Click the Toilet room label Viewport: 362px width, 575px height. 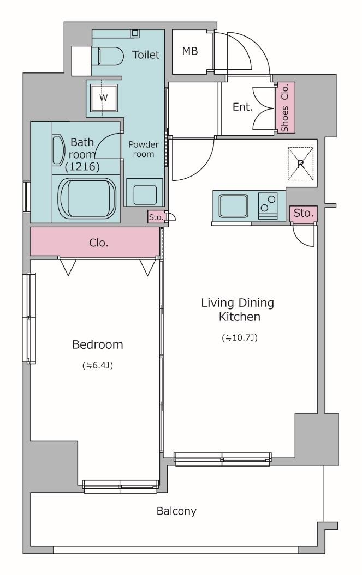pyautogui.click(x=146, y=55)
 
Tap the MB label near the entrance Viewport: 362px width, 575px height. pyautogui.click(x=190, y=51)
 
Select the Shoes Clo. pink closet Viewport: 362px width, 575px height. pyautogui.click(x=286, y=107)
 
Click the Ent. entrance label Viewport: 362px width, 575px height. pyautogui.click(x=242, y=107)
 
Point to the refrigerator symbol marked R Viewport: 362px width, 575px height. pyautogui.click(x=301, y=164)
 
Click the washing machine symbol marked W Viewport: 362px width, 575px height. pyautogui.click(x=104, y=98)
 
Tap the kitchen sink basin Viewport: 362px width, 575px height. pyautogui.click(x=233, y=205)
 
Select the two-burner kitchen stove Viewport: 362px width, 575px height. pyautogui.click(x=268, y=205)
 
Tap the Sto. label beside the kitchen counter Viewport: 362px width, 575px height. pyautogui.click(x=304, y=214)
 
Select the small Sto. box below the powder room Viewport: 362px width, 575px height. pyautogui.click(x=156, y=217)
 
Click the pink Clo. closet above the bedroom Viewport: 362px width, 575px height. pyautogui.click(x=95, y=242)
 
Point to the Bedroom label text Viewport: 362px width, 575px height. pyautogui.click(x=98, y=344)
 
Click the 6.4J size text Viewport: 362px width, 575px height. pyautogui.click(x=98, y=366)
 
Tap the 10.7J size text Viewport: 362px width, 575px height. pyautogui.click(x=240, y=338)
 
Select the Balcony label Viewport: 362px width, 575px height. pyautogui.click(x=176, y=511)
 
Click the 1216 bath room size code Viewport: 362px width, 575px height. pyautogui.click(x=82, y=167)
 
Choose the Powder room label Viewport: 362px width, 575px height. pyautogui.click(x=144, y=149)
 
